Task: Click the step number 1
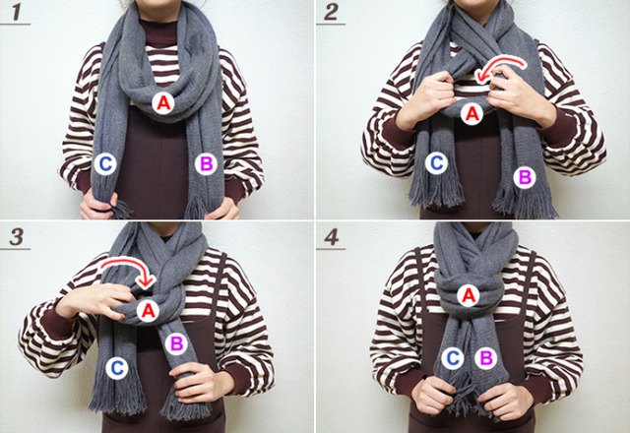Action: [16, 12]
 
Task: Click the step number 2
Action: [331, 12]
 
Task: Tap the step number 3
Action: [17, 237]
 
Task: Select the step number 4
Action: [332, 237]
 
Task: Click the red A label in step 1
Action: [163, 103]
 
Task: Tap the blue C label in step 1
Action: [105, 164]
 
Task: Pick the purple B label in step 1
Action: [206, 164]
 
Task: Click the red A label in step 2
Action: [472, 114]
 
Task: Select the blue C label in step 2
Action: [437, 163]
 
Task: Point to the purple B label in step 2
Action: [525, 177]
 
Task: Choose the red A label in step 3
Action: [148, 311]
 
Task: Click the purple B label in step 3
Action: [176, 343]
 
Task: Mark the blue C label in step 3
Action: [117, 368]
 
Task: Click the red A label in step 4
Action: [469, 296]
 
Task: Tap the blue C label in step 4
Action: [453, 358]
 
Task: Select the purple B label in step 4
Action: [486, 358]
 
